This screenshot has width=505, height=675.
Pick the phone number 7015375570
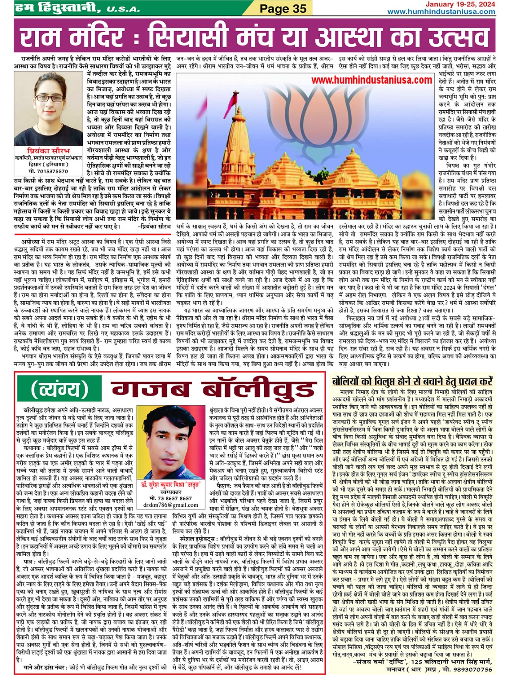(x=50, y=171)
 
